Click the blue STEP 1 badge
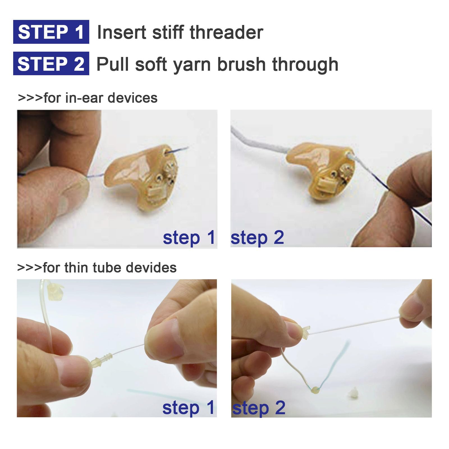point(51,32)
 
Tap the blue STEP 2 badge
point(51,63)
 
